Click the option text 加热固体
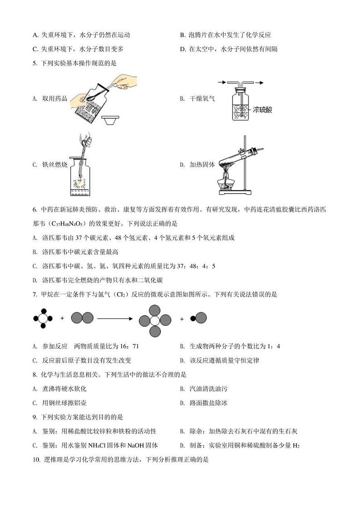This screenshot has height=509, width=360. tap(202, 165)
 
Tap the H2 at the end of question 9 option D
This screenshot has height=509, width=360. tap(296, 445)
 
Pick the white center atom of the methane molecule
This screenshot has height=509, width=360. tap(43, 318)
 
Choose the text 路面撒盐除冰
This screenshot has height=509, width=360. tap(209, 402)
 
